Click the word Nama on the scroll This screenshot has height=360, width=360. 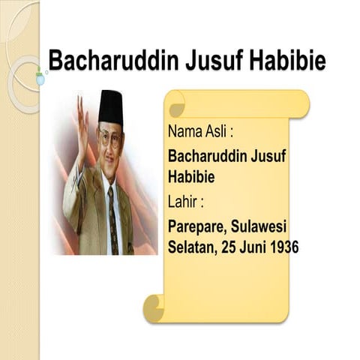coord(185,133)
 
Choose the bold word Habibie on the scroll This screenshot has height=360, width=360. coord(191,178)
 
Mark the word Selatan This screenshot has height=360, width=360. coord(191,247)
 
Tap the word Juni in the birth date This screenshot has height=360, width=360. coord(250,247)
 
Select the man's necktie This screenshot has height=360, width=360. coord(112,217)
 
